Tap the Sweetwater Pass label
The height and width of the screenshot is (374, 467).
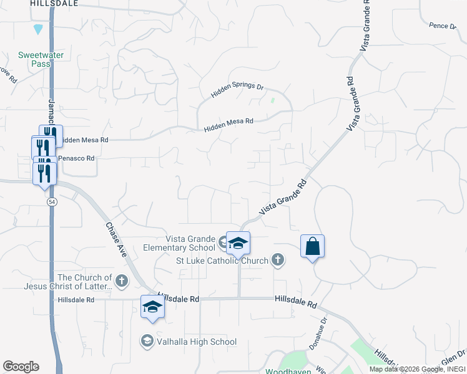click(41, 59)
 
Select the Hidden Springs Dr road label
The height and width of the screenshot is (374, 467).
click(237, 90)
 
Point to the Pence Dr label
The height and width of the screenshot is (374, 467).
click(443, 26)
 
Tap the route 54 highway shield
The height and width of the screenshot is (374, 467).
click(51, 203)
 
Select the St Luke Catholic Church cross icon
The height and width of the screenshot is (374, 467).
click(278, 261)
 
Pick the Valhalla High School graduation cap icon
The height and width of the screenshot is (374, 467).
click(147, 341)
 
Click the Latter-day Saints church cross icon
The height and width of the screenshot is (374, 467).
click(122, 282)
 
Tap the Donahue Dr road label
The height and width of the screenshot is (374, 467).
click(317, 335)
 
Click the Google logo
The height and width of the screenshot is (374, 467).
click(21, 367)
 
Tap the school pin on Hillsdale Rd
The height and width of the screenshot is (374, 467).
click(152, 307)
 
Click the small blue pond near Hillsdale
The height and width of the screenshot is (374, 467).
click(39, 29)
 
